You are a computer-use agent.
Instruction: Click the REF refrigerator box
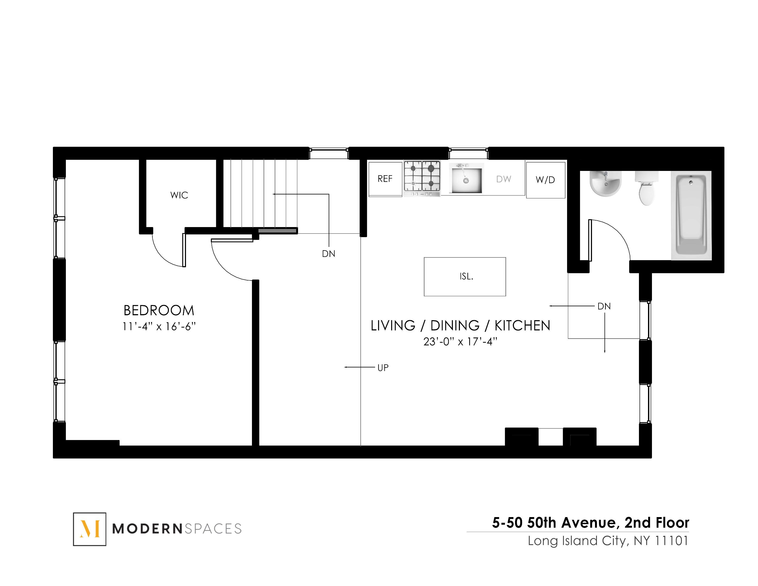click(385, 179)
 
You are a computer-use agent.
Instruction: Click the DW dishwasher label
click(503, 179)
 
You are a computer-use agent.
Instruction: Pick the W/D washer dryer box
click(545, 180)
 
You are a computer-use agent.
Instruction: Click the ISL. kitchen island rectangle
click(465, 277)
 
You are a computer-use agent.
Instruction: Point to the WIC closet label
click(179, 195)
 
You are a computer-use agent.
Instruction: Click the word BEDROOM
click(159, 310)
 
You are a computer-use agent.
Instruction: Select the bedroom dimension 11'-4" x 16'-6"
click(159, 327)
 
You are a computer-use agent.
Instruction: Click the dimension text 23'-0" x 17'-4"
click(460, 342)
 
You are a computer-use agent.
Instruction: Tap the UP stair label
click(383, 368)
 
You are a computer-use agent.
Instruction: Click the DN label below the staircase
click(328, 254)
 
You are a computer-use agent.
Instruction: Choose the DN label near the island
click(604, 306)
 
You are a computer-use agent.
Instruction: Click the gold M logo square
click(89, 529)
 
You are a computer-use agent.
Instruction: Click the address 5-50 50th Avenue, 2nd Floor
click(590, 523)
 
